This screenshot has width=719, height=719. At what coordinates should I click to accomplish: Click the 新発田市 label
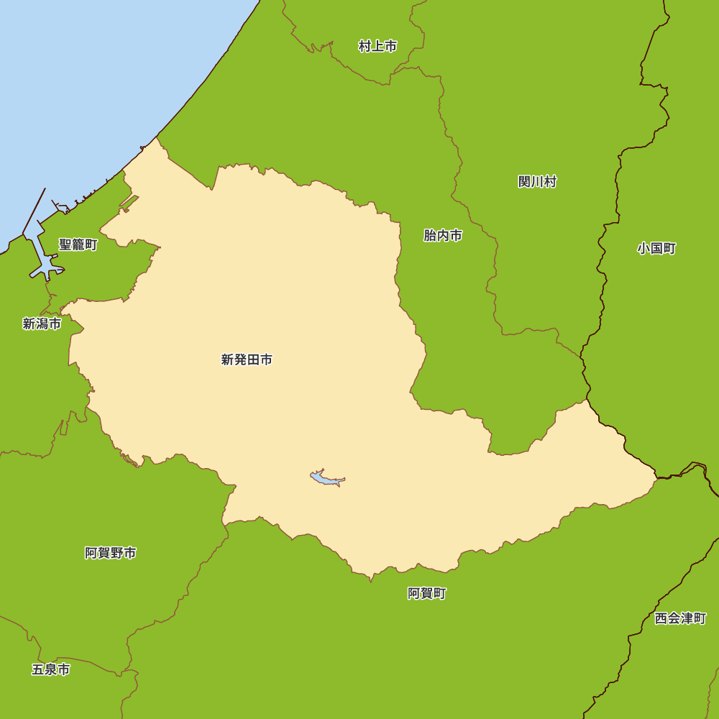coord(247,360)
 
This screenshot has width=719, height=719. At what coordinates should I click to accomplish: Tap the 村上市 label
coord(377,47)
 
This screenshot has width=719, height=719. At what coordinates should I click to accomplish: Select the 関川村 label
coord(537,182)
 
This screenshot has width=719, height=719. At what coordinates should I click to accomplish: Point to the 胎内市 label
coord(443,235)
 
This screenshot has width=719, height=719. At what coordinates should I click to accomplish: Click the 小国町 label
coord(656,249)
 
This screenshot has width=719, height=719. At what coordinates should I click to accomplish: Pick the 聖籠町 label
coord(78,245)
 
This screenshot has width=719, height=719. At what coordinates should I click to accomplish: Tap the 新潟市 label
coord(42,324)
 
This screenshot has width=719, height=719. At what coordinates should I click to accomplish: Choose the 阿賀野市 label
coord(110,553)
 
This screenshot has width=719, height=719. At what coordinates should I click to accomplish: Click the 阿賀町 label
coord(427,593)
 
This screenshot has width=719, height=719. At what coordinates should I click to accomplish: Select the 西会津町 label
coord(680,618)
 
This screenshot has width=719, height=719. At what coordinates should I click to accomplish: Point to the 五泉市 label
coord(51,669)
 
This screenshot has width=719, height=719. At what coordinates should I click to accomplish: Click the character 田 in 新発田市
coord(253,360)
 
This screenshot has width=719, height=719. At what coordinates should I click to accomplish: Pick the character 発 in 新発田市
coord(240,360)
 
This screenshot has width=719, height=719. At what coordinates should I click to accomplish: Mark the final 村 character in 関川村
coord(550,182)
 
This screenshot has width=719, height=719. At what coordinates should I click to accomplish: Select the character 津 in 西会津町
coord(687,618)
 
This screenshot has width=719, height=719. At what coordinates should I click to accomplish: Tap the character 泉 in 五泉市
coord(51,669)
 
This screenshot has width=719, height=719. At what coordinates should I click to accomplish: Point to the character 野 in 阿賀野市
coord(116,553)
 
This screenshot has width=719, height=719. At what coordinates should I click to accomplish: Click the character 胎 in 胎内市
coord(430,235)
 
